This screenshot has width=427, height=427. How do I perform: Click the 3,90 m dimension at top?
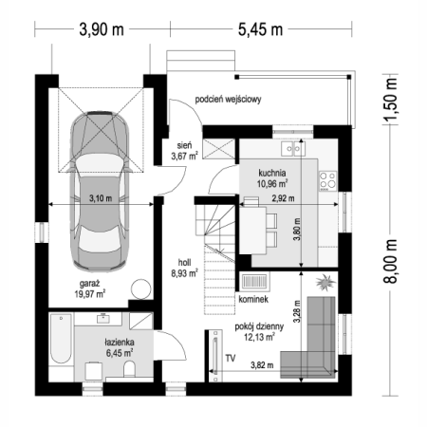(x=102, y=29)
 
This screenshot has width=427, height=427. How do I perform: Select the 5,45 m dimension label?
(x=260, y=29)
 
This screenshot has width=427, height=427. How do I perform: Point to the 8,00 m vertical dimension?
(x=390, y=261)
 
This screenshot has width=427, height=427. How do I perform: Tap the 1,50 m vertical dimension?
(x=390, y=99)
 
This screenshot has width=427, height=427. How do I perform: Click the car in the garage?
(x=100, y=191)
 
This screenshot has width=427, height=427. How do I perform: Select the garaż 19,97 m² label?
(x=90, y=288)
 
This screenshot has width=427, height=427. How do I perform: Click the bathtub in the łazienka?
(x=61, y=339)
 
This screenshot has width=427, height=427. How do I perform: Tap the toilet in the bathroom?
(x=129, y=369)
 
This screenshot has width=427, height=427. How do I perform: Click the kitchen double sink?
(x=293, y=148)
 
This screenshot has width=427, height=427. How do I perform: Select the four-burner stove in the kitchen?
(x=327, y=181)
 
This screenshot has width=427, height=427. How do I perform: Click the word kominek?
(x=253, y=299)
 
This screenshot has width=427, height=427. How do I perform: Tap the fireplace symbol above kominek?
(x=255, y=282)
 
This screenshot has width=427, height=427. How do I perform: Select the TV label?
(x=231, y=359)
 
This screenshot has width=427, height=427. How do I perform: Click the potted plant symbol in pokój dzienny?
(x=325, y=282)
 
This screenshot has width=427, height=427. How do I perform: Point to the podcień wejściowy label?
(x=228, y=100)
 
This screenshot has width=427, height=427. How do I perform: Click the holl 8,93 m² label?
(x=184, y=268)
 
